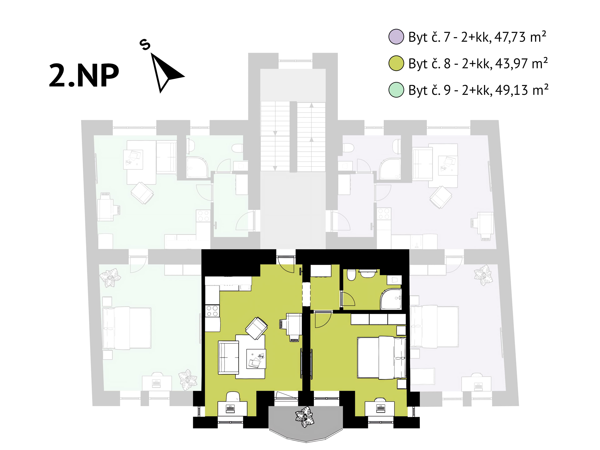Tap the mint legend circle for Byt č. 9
396,90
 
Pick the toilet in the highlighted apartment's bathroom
351,275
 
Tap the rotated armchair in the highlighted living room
256,328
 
